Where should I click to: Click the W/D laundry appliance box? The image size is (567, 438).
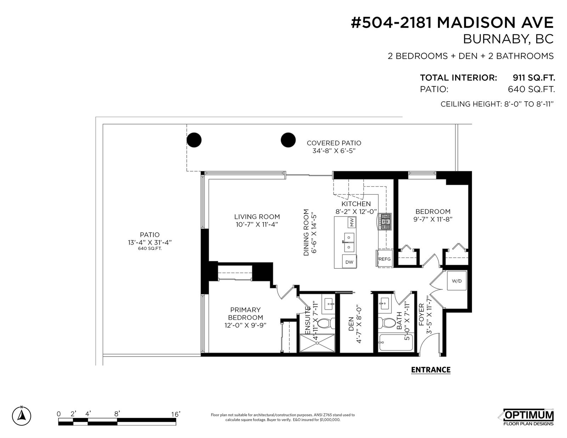click(x=457, y=281)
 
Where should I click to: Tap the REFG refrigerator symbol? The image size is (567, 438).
click(x=384, y=258)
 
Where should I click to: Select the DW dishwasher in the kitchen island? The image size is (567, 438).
click(x=349, y=262)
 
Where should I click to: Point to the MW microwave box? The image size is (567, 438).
click(x=352, y=222)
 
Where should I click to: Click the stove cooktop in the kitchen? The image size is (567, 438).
click(x=385, y=222)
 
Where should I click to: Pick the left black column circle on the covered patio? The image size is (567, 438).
click(x=194, y=140)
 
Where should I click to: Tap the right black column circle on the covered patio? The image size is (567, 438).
click(x=288, y=140)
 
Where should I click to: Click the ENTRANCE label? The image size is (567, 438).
click(x=431, y=370)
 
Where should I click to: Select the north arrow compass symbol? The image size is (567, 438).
click(x=22, y=416)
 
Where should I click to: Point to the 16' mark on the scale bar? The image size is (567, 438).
click(x=176, y=414)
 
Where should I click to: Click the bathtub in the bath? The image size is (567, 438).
click(x=396, y=342)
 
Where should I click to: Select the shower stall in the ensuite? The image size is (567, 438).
click(x=317, y=343)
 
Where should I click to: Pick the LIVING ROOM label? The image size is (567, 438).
click(x=257, y=217)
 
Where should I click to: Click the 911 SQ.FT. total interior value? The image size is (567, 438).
click(x=534, y=78)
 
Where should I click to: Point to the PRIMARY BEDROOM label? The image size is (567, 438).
click(x=245, y=314)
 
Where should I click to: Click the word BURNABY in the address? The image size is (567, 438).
click(x=491, y=39)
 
